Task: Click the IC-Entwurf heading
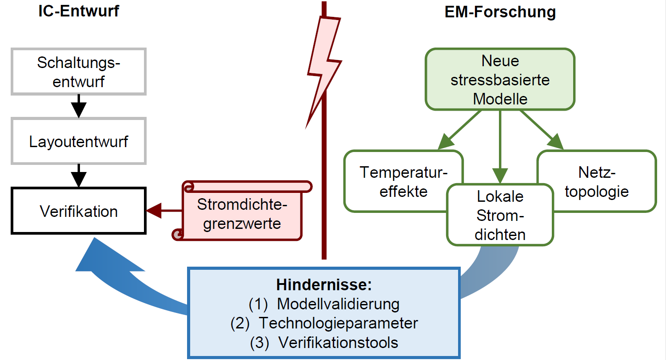click(79, 11)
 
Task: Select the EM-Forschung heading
click(500, 12)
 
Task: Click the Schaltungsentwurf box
click(79, 72)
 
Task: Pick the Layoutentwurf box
click(79, 141)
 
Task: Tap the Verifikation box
click(79, 211)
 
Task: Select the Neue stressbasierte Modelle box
click(500, 80)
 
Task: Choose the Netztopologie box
click(597, 181)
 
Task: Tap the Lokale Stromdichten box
click(500, 215)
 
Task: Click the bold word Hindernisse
click(323, 284)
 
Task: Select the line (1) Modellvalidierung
click(324, 304)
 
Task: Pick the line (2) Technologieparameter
click(324, 323)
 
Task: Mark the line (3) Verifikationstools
click(324, 343)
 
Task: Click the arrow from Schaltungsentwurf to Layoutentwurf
click(79, 106)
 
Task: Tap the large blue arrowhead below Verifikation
click(104, 260)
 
